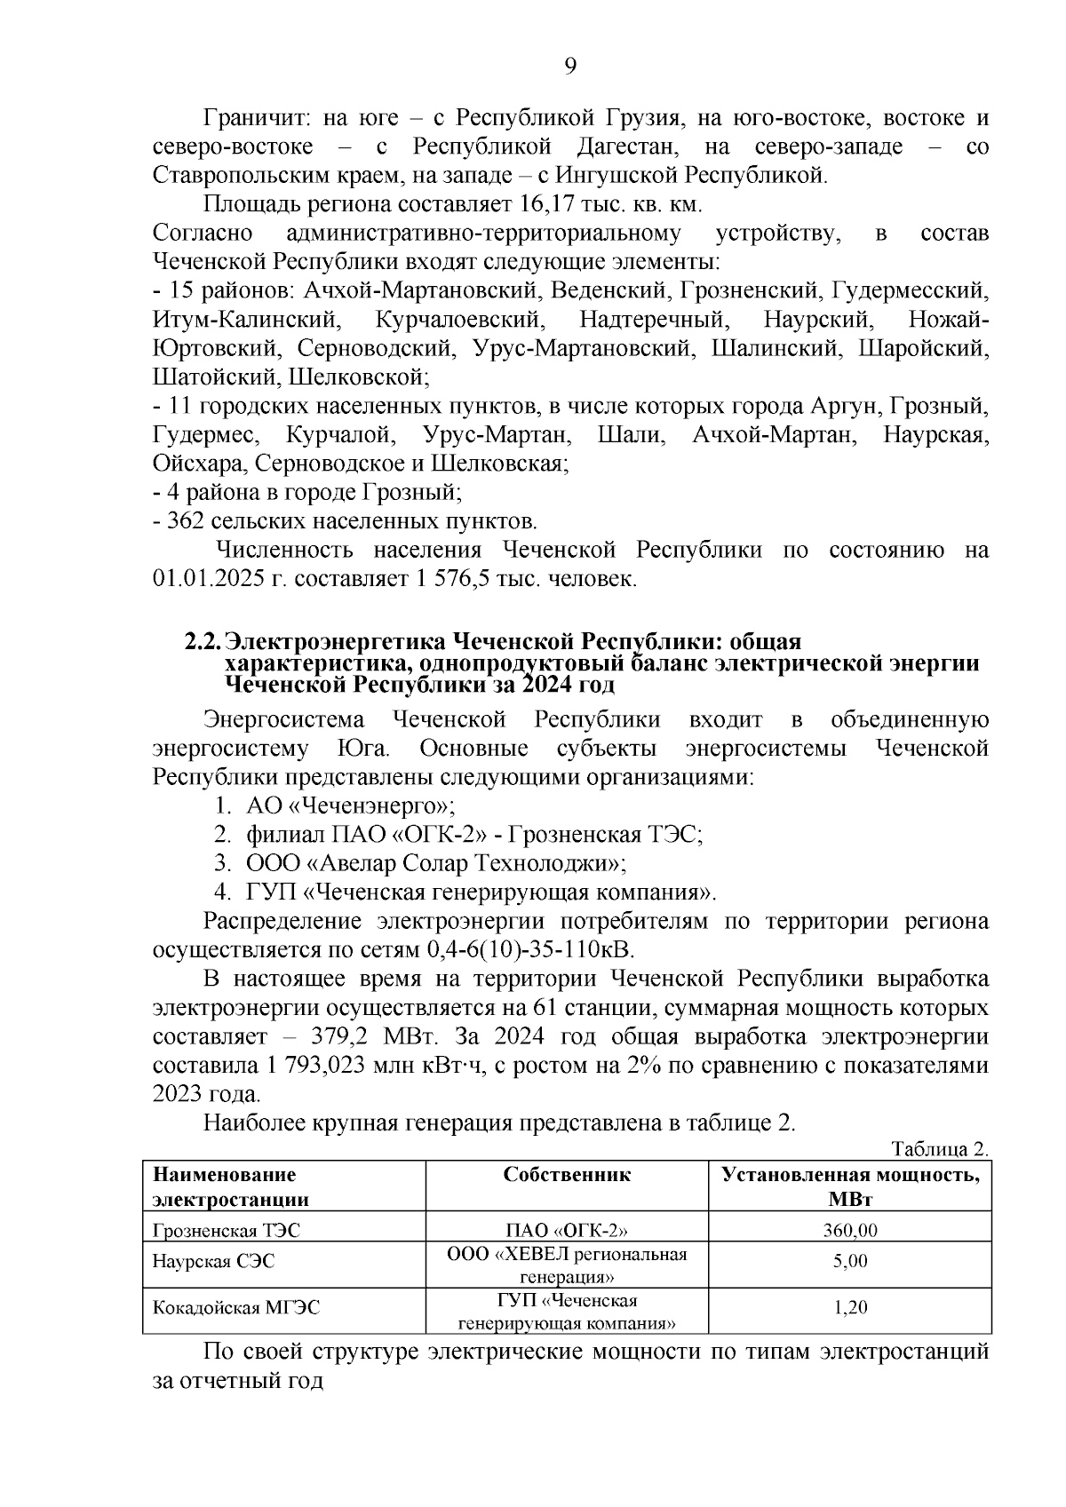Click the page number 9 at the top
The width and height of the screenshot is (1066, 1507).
570,67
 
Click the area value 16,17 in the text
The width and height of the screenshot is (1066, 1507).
543,204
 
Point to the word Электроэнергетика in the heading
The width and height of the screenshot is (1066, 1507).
337,642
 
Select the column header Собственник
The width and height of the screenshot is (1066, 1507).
567,1175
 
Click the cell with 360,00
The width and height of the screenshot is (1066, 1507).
849,1231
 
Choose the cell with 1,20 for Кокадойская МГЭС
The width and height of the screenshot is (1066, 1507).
849,1307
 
